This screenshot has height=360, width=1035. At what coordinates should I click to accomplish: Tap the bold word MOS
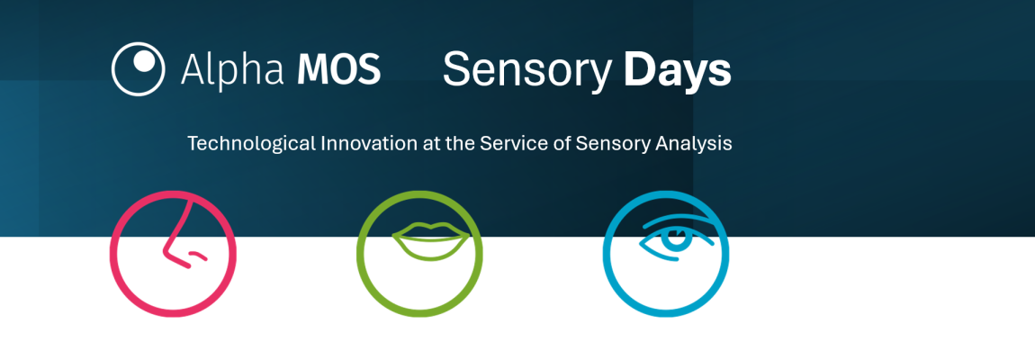pos(338,68)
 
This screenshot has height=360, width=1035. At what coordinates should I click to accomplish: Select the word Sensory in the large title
pos(526,71)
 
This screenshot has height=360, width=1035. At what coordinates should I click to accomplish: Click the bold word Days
pos(677,71)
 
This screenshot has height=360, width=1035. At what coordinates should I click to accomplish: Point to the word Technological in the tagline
pos(251,144)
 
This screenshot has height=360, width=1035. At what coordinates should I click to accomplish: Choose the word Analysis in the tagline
pos(693,144)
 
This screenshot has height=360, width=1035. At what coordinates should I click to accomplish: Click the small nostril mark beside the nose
pos(198,255)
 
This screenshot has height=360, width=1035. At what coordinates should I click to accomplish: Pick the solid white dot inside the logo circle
pos(145,61)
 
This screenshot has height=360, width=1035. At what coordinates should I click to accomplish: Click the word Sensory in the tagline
pos(610,144)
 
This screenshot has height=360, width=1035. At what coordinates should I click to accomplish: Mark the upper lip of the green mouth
pos(431,229)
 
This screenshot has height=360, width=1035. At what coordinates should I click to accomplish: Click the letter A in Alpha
pos(192,69)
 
